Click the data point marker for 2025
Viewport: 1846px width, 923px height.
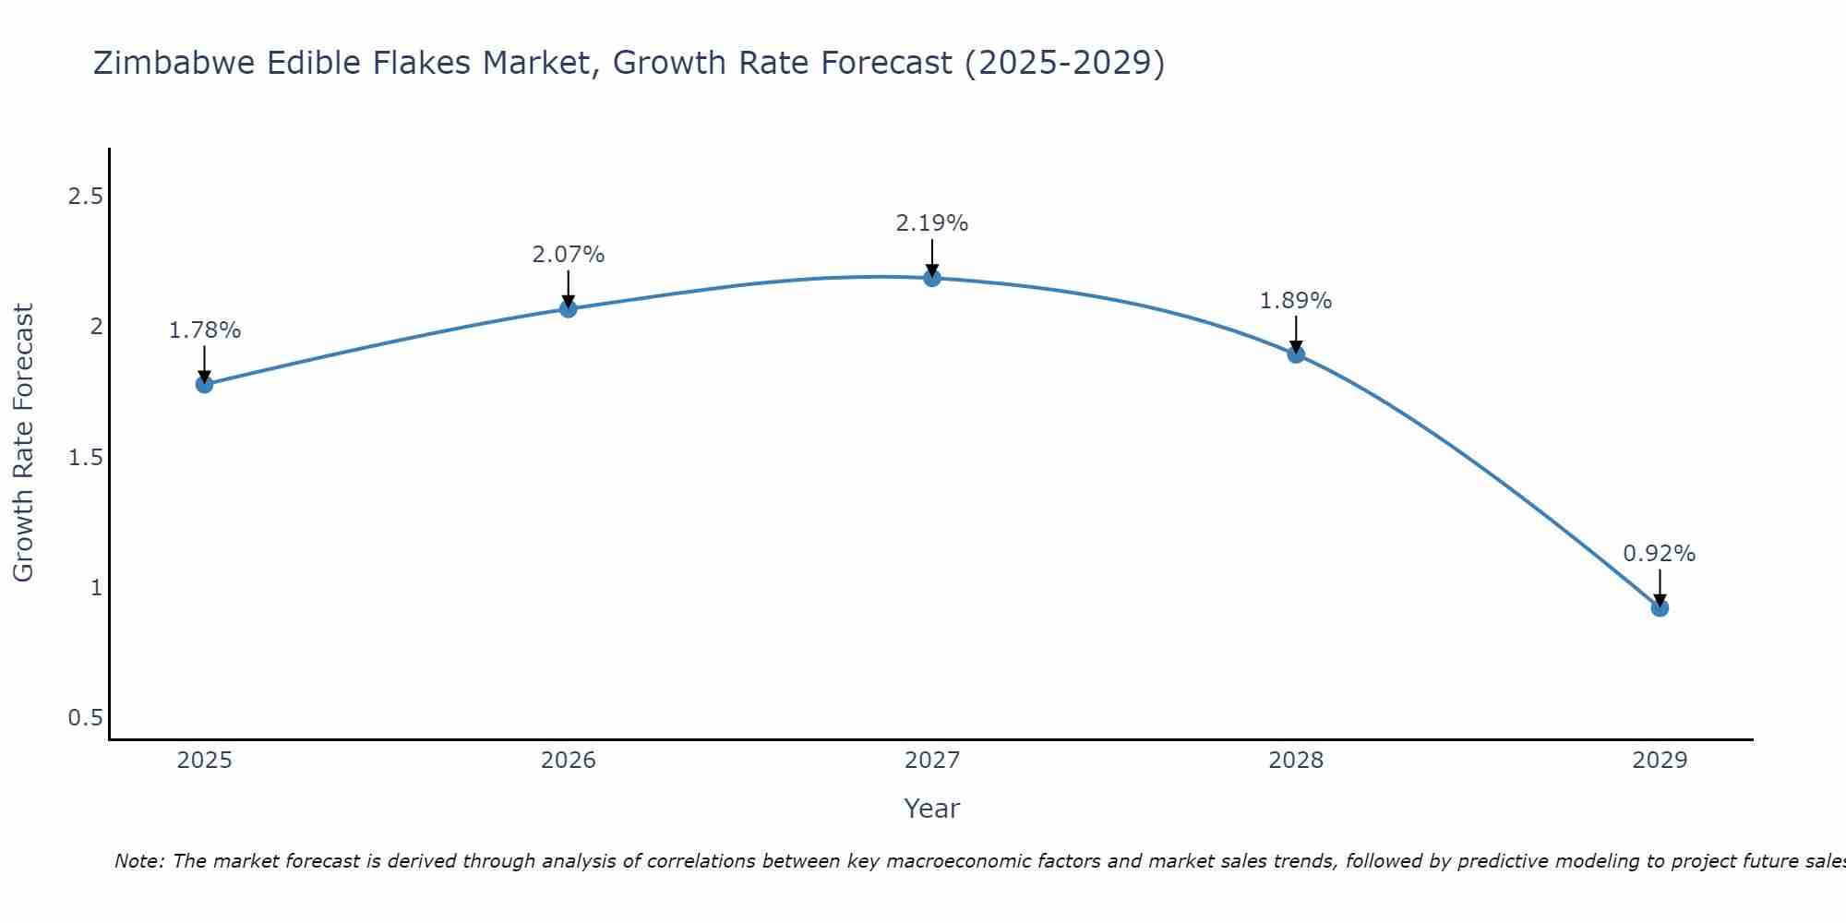point(205,384)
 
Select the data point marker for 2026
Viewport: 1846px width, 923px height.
point(569,308)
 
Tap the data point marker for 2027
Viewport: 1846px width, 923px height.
point(932,278)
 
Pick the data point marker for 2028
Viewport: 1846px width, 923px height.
point(1296,354)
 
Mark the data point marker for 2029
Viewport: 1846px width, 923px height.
point(1660,607)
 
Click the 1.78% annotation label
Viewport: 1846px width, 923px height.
point(205,330)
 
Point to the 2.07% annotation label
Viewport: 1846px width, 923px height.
point(569,255)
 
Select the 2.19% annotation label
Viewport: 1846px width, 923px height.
point(932,223)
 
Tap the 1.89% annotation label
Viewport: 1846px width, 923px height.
point(1296,301)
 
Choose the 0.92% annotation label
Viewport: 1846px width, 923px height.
point(1660,554)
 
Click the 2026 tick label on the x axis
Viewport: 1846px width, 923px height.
point(569,761)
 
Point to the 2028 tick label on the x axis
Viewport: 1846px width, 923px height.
point(1296,761)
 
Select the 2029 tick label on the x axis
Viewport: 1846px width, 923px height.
point(1660,761)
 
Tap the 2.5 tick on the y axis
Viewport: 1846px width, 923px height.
point(86,197)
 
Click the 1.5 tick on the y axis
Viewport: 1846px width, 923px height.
point(86,458)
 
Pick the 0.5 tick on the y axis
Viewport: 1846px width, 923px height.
point(86,718)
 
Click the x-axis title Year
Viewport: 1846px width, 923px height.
point(932,809)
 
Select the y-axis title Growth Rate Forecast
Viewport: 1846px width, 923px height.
point(24,443)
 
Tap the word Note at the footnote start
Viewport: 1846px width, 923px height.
point(138,861)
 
